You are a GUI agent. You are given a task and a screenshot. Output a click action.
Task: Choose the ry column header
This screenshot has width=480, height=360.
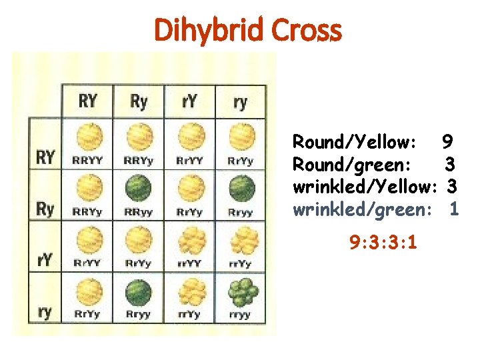pyautogui.click(x=241, y=101)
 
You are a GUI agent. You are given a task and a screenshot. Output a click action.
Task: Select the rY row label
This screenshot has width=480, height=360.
pyautogui.click(x=45, y=259)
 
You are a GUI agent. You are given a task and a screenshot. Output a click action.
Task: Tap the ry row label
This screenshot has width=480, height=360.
pyautogui.click(x=45, y=311)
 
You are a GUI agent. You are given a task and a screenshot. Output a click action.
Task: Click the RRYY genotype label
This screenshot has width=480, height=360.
pyautogui.click(x=88, y=161)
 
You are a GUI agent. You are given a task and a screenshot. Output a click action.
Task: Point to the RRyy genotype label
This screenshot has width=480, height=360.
pyautogui.click(x=139, y=212)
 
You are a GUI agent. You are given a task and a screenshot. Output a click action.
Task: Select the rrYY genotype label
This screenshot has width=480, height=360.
pyautogui.click(x=189, y=263)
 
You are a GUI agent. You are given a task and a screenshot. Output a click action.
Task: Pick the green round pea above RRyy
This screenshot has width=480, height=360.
pyautogui.click(x=139, y=189)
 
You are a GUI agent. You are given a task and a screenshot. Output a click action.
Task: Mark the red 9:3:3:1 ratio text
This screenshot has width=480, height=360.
pyautogui.click(x=384, y=242)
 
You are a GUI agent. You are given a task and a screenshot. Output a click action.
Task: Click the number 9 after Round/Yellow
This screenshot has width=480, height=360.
pyautogui.click(x=447, y=142)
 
